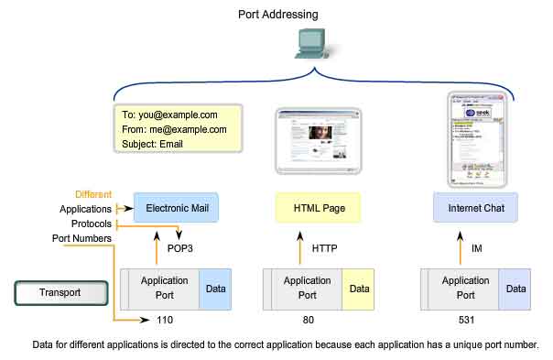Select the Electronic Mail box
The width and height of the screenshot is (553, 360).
click(x=181, y=209)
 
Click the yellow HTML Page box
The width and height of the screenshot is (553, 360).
click(x=318, y=209)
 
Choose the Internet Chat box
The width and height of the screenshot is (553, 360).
click(x=476, y=209)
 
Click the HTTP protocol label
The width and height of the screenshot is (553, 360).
click(x=325, y=247)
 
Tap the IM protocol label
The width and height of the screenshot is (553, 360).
click(x=478, y=247)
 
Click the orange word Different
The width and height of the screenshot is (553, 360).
click(x=94, y=194)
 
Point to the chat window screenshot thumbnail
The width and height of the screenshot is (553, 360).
click(x=476, y=135)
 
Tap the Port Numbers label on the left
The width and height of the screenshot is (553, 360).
click(x=81, y=239)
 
